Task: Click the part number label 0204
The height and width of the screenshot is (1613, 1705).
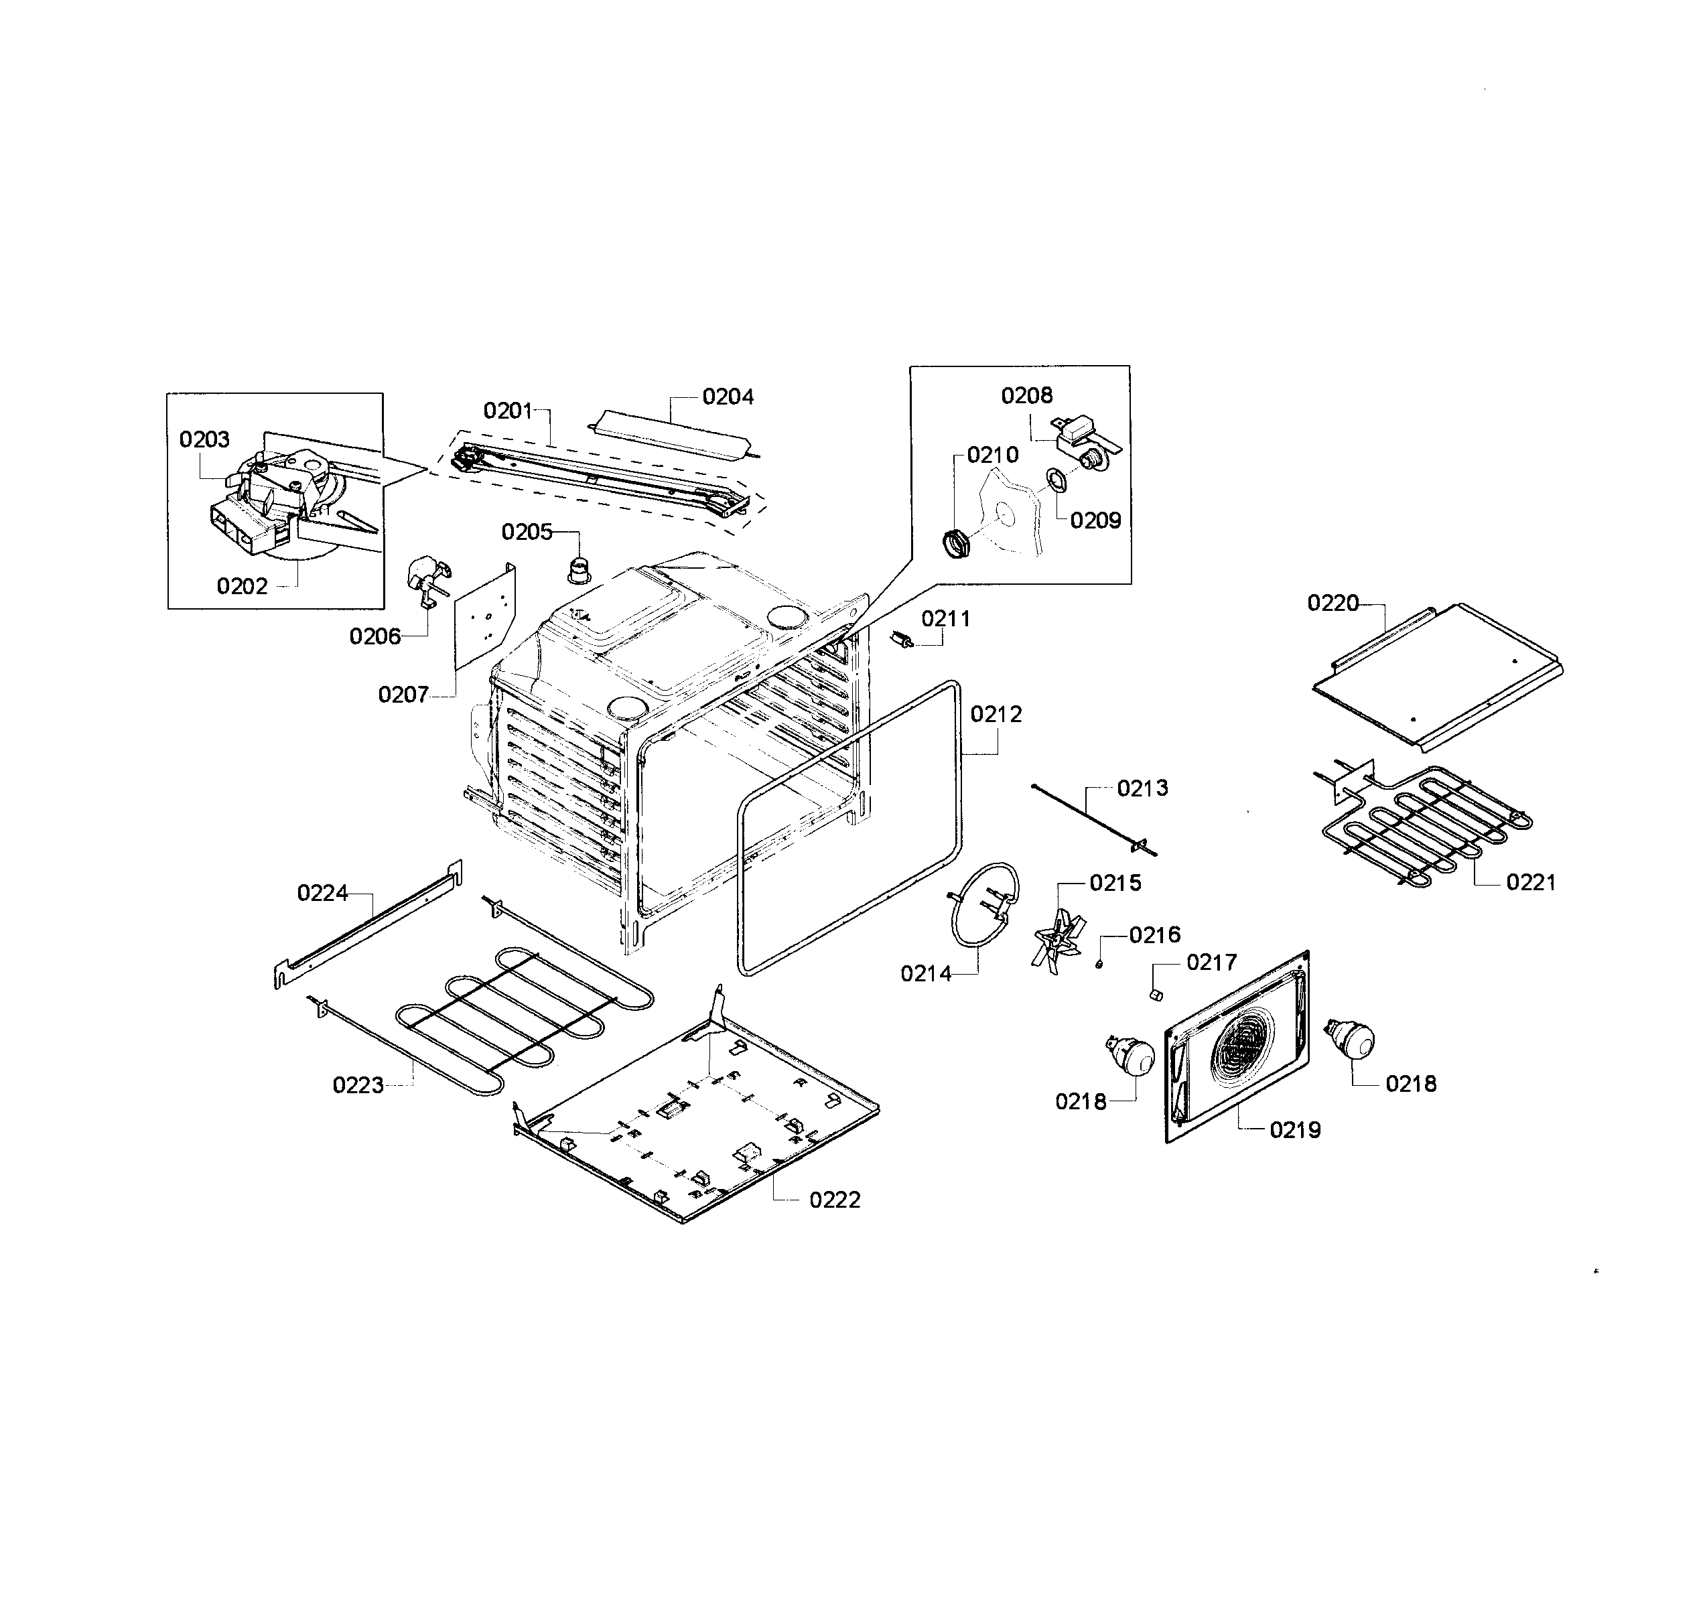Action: click(x=728, y=397)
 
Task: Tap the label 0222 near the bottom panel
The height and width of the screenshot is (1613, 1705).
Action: click(x=834, y=1200)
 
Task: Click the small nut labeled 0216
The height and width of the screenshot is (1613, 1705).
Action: click(x=1099, y=965)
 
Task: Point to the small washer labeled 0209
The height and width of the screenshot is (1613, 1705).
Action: click(x=1055, y=482)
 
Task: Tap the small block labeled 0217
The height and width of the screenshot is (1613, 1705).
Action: click(x=1156, y=995)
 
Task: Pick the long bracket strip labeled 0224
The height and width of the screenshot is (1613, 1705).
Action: click(x=367, y=925)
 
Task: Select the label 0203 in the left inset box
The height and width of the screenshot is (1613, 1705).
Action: click(x=204, y=439)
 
